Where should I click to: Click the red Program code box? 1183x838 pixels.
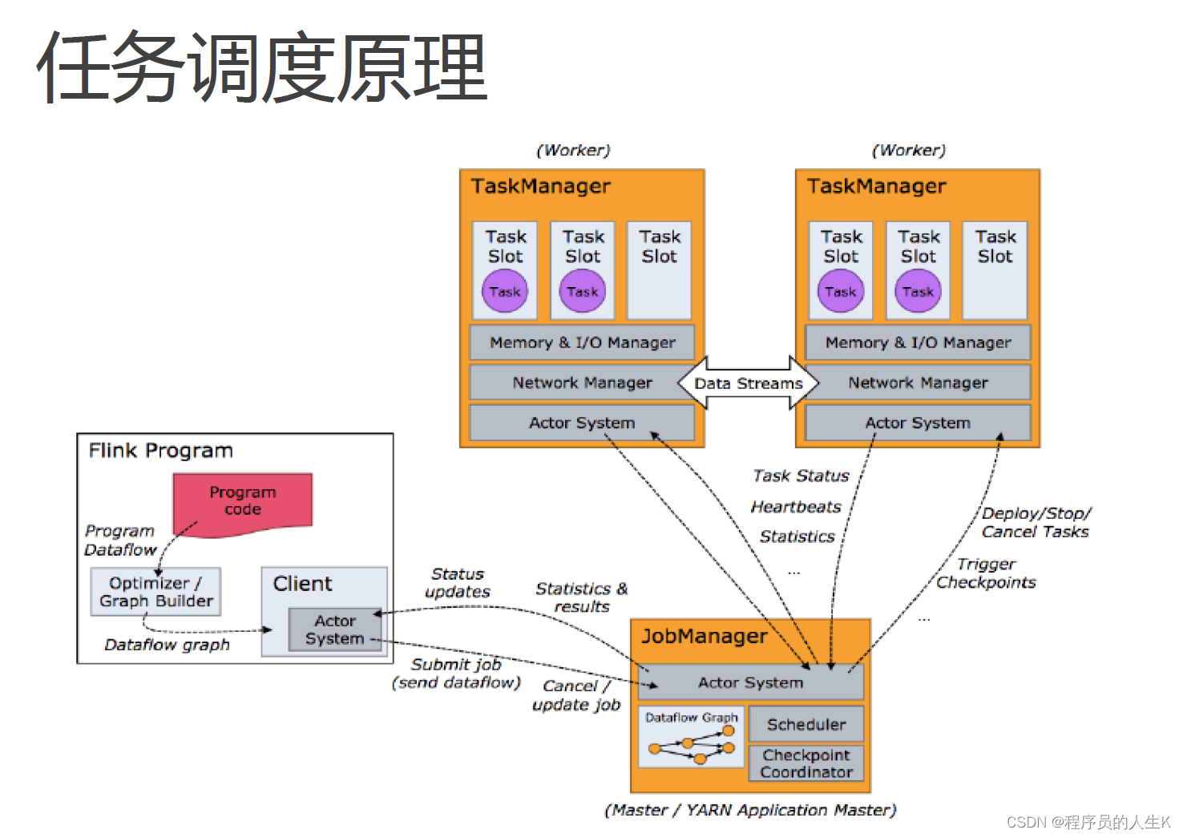(x=243, y=502)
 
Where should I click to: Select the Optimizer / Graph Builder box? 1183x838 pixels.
(x=155, y=592)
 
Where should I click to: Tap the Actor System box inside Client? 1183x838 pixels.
(x=335, y=630)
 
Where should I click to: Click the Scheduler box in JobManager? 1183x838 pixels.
(x=806, y=724)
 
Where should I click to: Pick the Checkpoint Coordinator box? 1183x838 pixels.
(x=806, y=763)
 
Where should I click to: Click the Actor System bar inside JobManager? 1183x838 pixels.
(x=750, y=682)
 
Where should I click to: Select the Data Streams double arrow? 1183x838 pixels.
(x=749, y=383)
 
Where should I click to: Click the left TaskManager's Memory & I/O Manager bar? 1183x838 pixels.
(x=582, y=342)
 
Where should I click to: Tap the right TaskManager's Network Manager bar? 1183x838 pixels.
(x=918, y=383)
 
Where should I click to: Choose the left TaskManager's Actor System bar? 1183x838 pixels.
(x=582, y=423)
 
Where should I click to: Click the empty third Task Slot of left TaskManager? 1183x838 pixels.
(x=659, y=271)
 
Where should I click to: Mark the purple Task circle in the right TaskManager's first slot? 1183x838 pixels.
(x=841, y=292)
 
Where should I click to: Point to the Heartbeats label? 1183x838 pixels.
(x=796, y=507)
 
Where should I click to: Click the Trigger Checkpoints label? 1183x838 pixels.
(x=986, y=573)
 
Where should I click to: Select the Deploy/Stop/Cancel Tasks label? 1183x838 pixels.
(x=1036, y=522)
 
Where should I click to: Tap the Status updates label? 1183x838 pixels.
(x=458, y=583)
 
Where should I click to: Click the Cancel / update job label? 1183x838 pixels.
(x=575, y=695)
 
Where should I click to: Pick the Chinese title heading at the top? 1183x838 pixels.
(x=262, y=67)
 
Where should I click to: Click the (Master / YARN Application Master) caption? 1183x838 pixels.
(x=750, y=810)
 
